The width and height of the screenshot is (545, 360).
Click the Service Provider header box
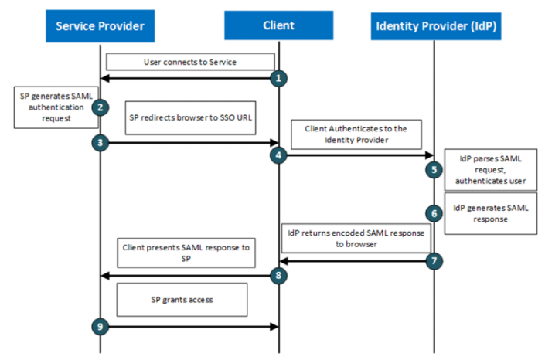(x=100, y=25)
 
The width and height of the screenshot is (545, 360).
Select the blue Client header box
(x=278, y=25)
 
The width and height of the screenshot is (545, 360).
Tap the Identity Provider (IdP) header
(x=434, y=25)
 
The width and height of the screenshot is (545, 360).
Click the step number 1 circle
(x=278, y=78)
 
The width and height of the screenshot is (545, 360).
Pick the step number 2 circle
(x=100, y=108)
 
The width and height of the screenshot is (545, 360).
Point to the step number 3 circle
(x=100, y=142)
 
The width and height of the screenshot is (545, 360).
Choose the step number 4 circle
(x=278, y=155)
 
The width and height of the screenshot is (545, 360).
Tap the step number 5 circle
(x=434, y=169)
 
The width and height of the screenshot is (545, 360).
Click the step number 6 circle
(x=434, y=211)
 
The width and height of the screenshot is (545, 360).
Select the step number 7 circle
(x=434, y=261)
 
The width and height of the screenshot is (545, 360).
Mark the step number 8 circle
(x=278, y=274)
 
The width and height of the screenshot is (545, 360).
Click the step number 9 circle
(x=100, y=328)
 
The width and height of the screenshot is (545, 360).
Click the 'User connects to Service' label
(x=190, y=61)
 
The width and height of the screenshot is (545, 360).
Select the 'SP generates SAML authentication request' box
(x=53, y=106)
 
